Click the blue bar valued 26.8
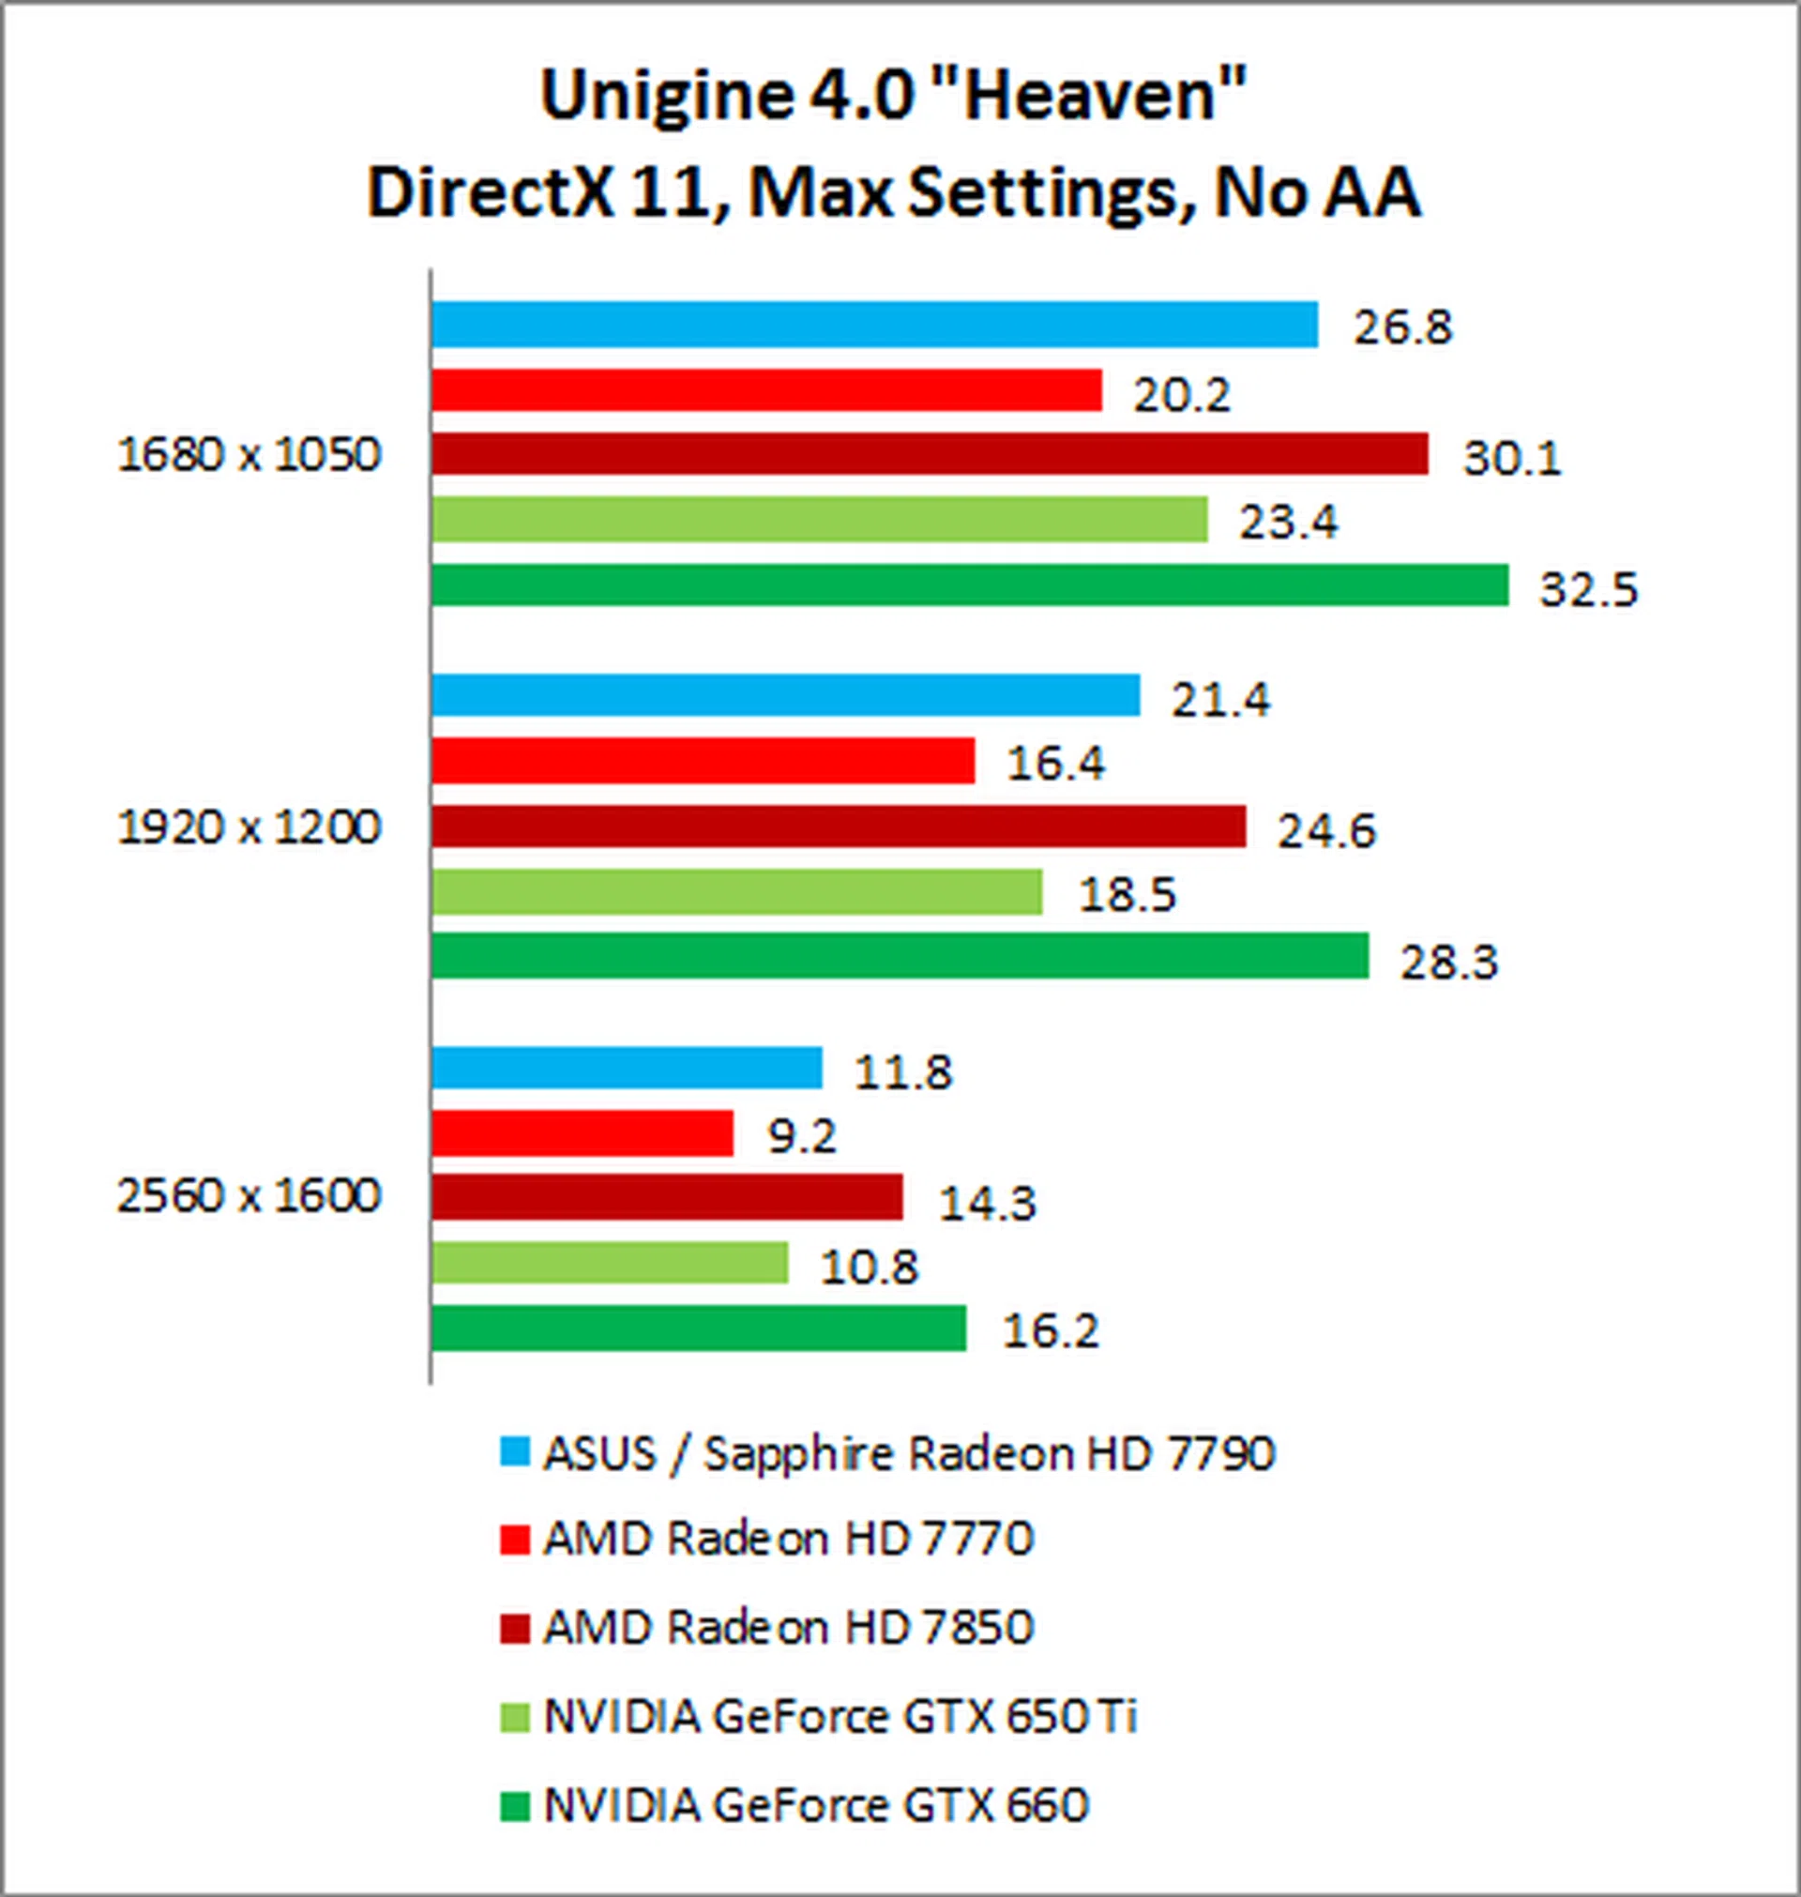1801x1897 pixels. (873, 325)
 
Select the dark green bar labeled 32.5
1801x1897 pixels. (970, 584)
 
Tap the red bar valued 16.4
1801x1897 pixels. (703, 761)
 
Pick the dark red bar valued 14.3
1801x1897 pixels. (667, 1196)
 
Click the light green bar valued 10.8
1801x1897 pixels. (610, 1263)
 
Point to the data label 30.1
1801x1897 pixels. (1511, 458)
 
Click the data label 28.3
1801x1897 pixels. (1447, 961)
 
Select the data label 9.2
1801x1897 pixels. (802, 1137)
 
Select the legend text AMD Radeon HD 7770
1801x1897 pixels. (788, 1539)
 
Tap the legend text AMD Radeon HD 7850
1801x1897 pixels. (788, 1627)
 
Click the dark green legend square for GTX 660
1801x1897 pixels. (516, 1805)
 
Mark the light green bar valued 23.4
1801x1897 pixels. (819, 520)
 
